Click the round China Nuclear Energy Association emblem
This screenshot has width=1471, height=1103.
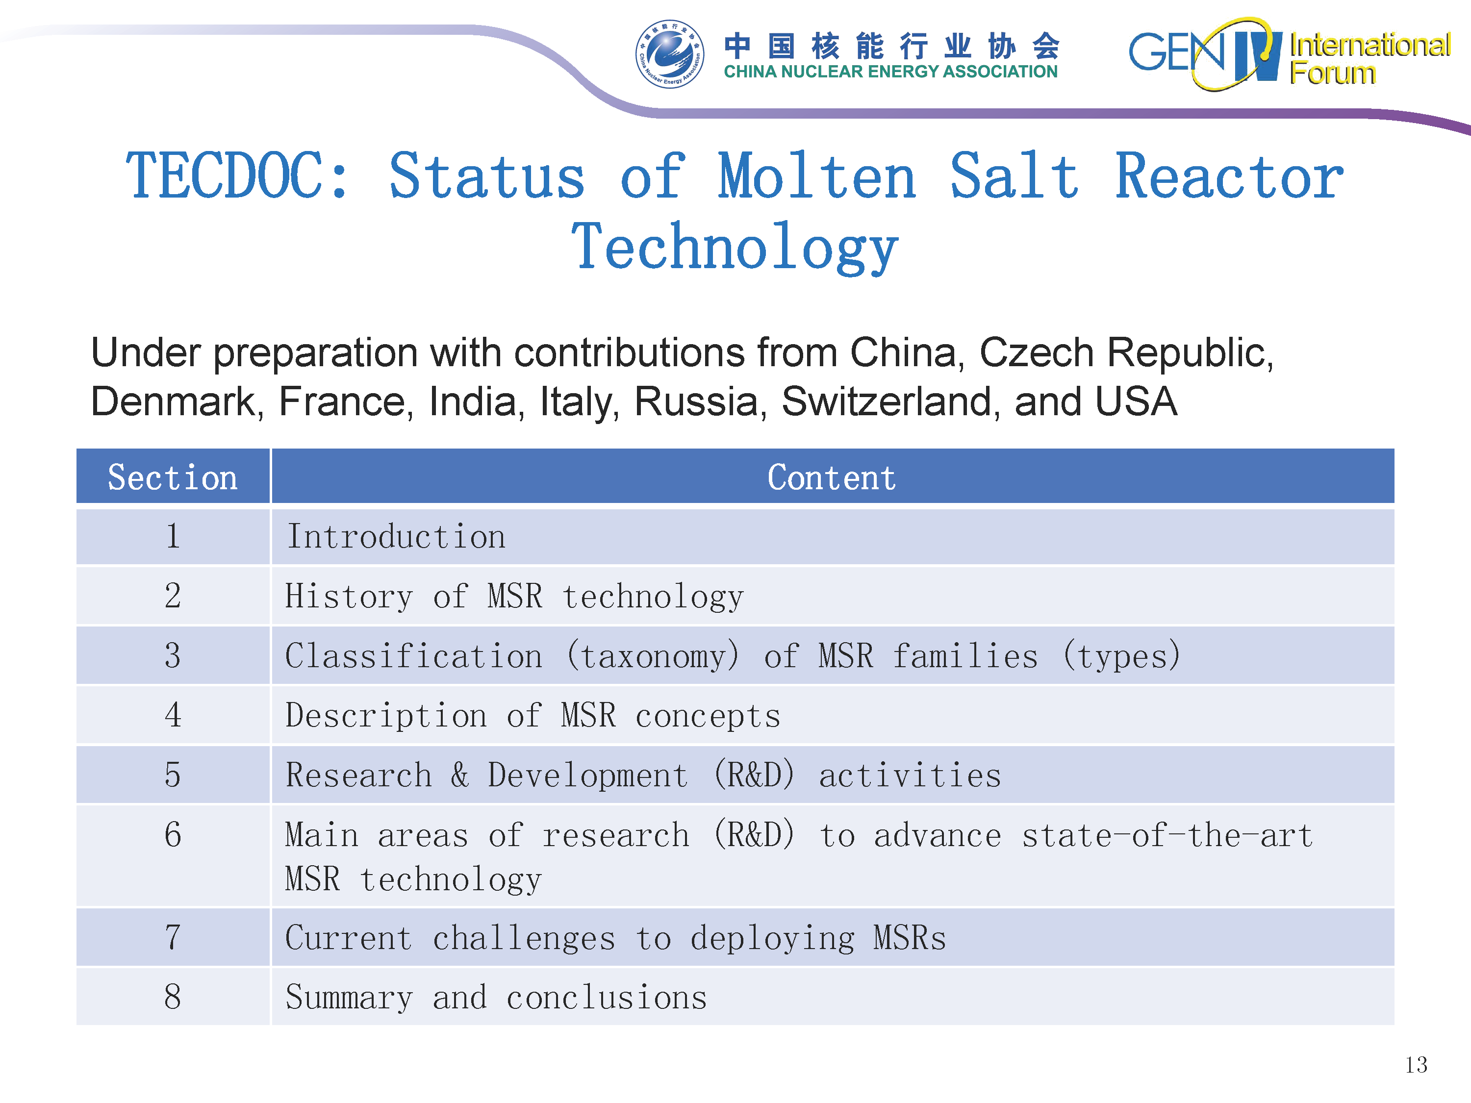670,54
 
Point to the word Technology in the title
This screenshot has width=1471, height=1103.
735,248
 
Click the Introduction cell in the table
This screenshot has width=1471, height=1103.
833,536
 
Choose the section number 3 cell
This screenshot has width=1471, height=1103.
173,655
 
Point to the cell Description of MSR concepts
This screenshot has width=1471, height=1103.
833,715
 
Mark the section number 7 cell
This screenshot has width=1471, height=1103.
173,937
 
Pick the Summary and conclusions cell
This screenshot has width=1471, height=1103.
833,997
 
